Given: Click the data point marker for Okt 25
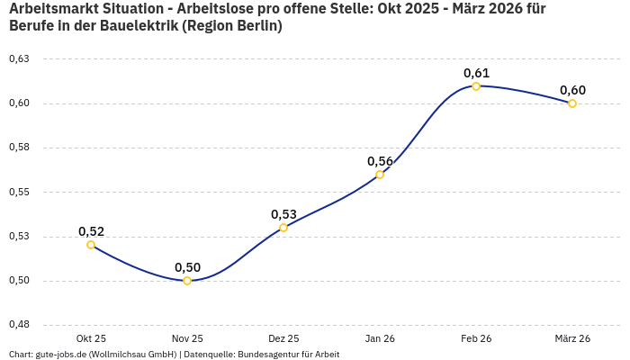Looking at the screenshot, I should pyautogui.click(x=91, y=245).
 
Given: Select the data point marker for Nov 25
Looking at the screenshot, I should pyautogui.click(x=187, y=281).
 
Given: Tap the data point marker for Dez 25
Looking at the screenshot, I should pyautogui.click(x=283, y=228).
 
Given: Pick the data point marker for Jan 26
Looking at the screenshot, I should pyautogui.click(x=380, y=175).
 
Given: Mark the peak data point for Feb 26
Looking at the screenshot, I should pyautogui.click(x=476, y=86).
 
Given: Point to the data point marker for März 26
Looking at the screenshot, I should pyautogui.click(x=572, y=103).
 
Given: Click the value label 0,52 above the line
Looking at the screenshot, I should pyautogui.click(x=91, y=231).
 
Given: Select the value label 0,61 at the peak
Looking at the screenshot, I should pyautogui.click(x=476, y=73).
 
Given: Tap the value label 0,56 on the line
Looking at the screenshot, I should pyautogui.click(x=380, y=161).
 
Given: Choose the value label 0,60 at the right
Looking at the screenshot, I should pyautogui.click(x=572, y=90).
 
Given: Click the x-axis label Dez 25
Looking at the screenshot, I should pyautogui.click(x=283, y=338).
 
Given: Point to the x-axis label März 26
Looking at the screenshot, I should pyautogui.click(x=572, y=338).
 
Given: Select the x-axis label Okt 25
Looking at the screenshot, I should pyautogui.click(x=91, y=338).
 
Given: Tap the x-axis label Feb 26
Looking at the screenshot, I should pyautogui.click(x=476, y=338).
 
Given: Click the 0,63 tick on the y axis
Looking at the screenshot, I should pyautogui.click(x=19, y=58).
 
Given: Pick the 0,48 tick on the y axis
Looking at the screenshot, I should pyautogui.click(x=19, y=325).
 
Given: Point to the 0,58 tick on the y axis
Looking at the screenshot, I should pyautogui.click(x=19, y=148).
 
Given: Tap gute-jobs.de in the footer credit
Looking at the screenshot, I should pyautogui.click(x=60, y=354).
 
